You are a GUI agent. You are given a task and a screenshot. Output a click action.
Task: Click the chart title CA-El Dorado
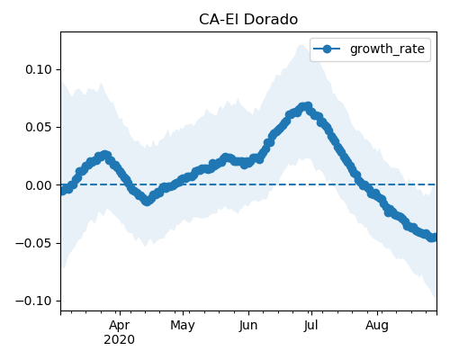click(x=248, y=20)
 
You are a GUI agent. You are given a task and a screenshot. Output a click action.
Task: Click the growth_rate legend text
click(x=387, y=49)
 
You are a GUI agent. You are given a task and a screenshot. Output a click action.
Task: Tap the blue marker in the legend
click(x=327, y=49)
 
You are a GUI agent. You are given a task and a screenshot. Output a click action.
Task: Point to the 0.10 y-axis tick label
click(x=39, y=69)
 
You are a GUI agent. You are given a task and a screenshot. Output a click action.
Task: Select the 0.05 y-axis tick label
click(x=39, y=127)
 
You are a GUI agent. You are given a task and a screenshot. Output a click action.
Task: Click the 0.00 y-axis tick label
click(x=39, y=185)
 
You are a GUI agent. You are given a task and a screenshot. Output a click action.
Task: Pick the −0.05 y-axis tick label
click(x=34, y=243)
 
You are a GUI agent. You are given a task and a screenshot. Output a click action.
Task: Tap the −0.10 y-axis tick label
click(x=34, y=301)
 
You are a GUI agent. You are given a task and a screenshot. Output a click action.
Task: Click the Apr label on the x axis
click(x=120, y=326)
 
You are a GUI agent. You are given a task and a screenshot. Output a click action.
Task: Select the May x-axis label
click(x=183, y=326)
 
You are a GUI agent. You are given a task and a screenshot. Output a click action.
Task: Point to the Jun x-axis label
click(x=248, y=326)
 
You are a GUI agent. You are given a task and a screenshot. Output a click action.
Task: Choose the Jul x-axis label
click(x=310, y=326)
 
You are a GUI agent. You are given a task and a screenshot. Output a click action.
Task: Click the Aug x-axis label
click(x=377, y=326)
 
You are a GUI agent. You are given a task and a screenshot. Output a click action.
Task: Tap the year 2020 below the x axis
click(x=120, y=340)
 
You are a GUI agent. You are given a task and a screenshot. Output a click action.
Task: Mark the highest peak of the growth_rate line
click(x=307, y=106)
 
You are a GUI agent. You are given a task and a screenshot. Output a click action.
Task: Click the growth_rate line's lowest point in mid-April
click(x=147, y=202)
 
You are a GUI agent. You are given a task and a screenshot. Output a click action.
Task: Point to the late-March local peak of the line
click(x=104, y=155)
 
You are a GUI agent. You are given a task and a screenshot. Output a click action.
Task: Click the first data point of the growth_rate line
click(x=62, y=191)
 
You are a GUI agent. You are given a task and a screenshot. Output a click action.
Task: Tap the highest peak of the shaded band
click(x=301, y=45)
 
